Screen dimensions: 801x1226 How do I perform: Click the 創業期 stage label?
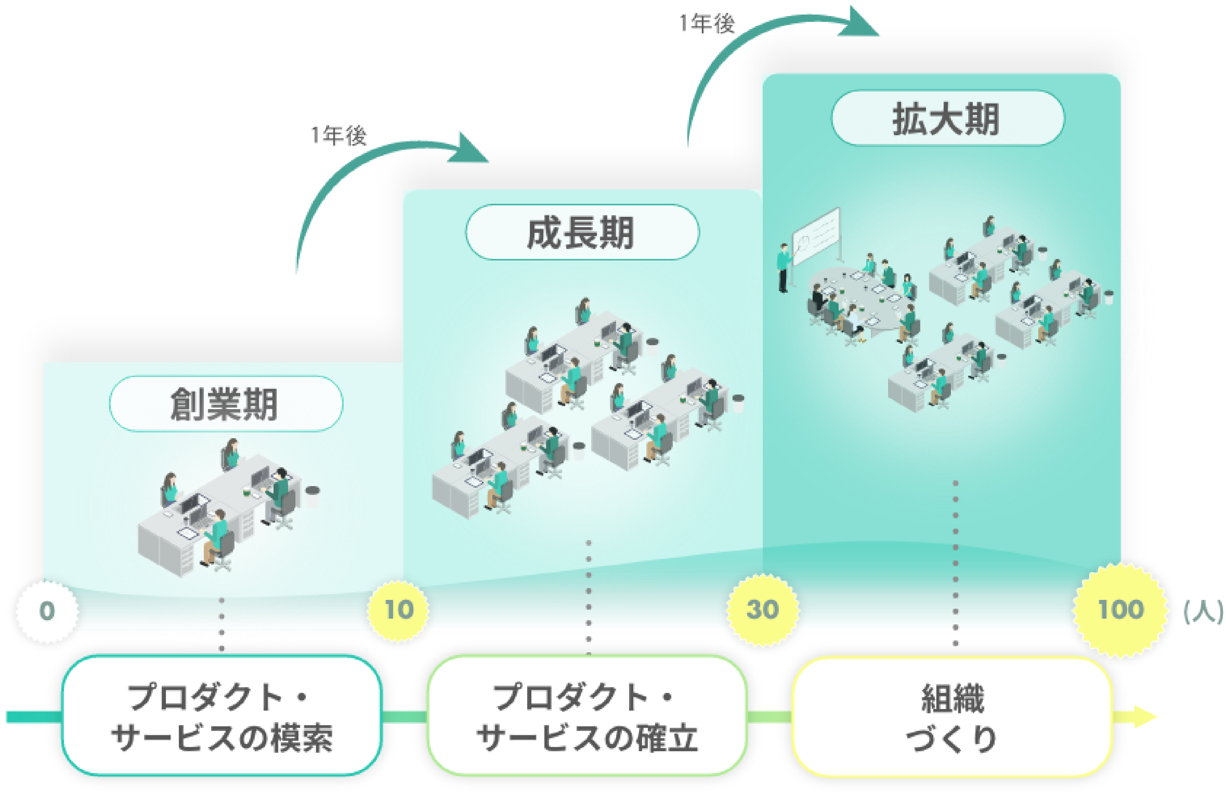point(226,404)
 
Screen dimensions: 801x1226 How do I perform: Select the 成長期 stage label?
point(582,232)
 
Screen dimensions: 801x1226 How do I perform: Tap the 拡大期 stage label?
point(947,118)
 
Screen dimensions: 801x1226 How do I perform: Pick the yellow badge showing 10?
point(398,610)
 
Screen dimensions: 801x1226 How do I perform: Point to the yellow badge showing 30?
point(762,610)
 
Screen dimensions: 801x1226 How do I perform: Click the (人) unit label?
point(1202,612)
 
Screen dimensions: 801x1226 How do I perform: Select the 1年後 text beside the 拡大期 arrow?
point(707,24)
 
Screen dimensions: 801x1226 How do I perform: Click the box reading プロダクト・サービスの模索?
point(221,716)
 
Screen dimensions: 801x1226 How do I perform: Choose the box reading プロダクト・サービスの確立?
point(587,716)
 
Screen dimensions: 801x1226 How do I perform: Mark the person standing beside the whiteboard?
point(783,267)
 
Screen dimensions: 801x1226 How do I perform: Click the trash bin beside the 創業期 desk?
point(312,496)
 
